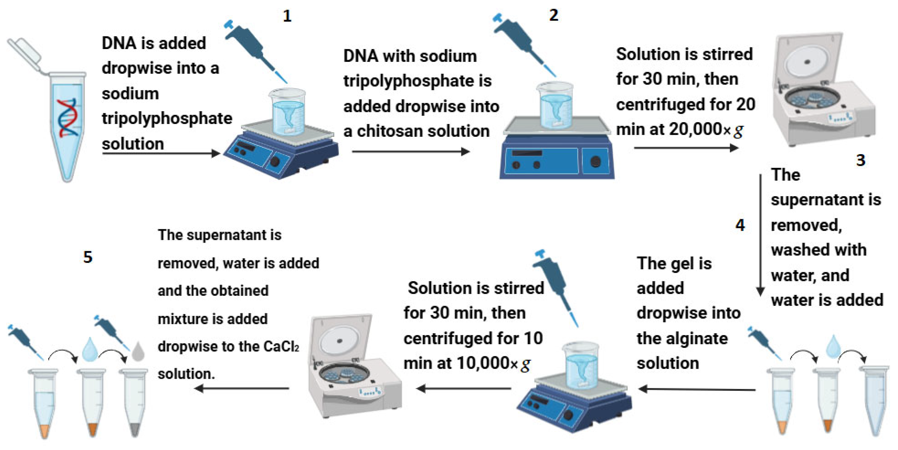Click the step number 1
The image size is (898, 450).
point(287,16)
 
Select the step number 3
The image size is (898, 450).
point(861,160)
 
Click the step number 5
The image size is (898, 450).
point(88,257)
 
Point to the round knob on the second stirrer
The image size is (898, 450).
point(595,161)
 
